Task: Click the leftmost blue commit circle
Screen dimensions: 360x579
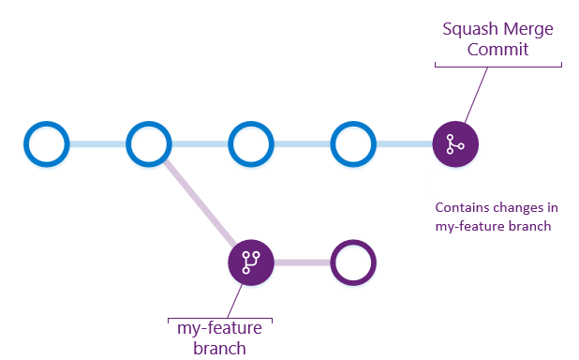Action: pos(46,144)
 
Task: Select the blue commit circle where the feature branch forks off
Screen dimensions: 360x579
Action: pos(149,144)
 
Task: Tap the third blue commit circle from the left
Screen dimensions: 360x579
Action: pos(251,144)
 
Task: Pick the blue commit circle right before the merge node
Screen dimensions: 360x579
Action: pos(353,144)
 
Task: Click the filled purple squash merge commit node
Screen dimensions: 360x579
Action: pos(455,144)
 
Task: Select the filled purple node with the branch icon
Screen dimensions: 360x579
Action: pos(251,262)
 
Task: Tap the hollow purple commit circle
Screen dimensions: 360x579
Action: pos(353,262)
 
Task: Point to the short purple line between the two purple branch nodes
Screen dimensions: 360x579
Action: pos(302,262)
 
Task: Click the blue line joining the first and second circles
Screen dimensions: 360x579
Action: pos(97,144)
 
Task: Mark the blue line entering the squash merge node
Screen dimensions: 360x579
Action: pos(405,144)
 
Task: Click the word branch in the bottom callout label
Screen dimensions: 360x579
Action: pos(219,348)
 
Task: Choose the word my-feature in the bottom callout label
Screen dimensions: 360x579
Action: pos(219,329)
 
